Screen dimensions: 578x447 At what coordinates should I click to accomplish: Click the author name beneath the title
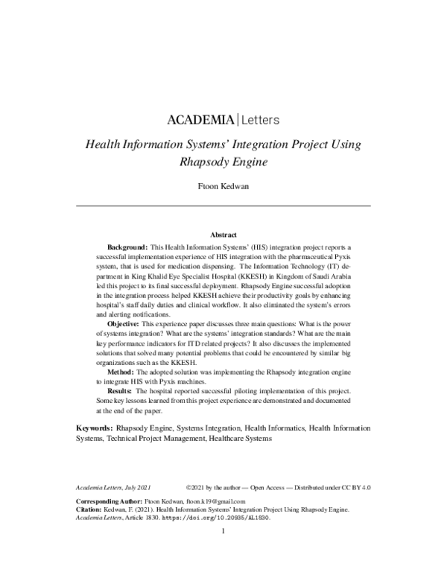pos(223,186)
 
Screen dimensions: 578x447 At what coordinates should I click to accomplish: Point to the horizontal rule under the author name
pos(223,206)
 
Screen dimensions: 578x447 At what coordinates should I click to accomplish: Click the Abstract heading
pos(223,234)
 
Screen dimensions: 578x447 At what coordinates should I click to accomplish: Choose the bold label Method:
pos(121,370)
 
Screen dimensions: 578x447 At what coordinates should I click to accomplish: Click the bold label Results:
pos(120,390)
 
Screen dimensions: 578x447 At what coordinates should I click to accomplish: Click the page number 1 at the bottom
pos(223,532)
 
